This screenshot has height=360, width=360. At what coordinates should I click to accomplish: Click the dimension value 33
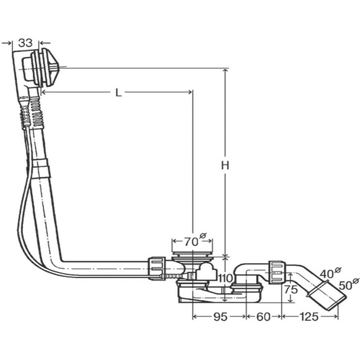click(x=25, y=43)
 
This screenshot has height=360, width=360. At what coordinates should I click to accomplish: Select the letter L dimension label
click(x=118, y=92)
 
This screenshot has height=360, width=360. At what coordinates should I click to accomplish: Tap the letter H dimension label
click(x=225, y=165)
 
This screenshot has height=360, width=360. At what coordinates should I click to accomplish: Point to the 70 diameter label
click(x=195, y=240)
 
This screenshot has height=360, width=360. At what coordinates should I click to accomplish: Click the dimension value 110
click(x=226, y=279)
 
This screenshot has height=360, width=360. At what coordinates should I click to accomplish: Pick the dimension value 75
click(x=291, y=289)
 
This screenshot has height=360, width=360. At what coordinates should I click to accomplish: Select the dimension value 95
click(x=220, y=317)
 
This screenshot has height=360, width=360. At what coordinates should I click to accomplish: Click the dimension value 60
click(x=263, y=317)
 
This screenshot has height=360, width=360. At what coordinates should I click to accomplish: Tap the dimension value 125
click(x=309, y=317)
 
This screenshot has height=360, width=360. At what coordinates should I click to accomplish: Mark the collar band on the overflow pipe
click(x=42, y=169)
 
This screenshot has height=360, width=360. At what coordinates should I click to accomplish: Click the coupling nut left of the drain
click(x=157, y=268)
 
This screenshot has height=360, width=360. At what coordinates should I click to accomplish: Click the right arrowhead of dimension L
click(x=190, y=92)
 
